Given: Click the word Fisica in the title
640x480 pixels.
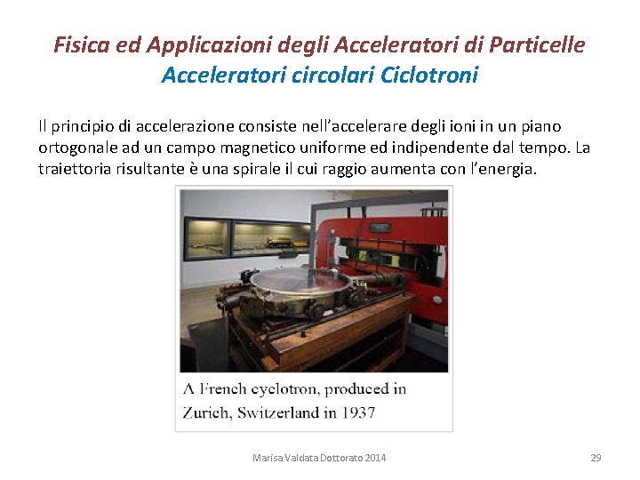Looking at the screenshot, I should point(80,44).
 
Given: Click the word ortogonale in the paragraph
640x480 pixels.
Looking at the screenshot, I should point(76,147).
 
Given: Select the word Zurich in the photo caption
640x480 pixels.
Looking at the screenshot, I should point(206,412).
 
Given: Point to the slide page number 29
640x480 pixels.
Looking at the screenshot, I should point(596,458).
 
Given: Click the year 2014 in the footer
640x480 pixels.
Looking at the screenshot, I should point(373,458).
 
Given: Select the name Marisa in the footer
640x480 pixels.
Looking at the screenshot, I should point(268,458).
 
